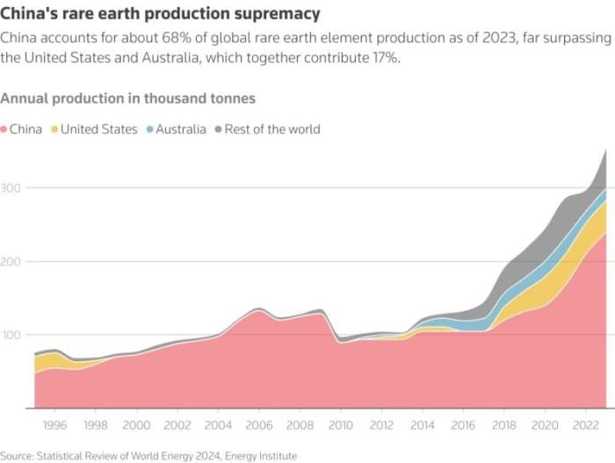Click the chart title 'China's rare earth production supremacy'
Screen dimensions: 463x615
pyautogui.click(x=161, y=15)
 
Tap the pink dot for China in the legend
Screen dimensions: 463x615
pyautogui.click(x=4, y=129)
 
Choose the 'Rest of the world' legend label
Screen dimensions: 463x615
pyautogui.click(x=272, y=129)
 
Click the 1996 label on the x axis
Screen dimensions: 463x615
pyautogui.click(x=54, y=424)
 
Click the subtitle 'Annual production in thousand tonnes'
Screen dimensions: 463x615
pyautogui.click(x=128, y=98)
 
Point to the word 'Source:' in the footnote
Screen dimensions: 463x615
pyautogui.click(x=19, y=455)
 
